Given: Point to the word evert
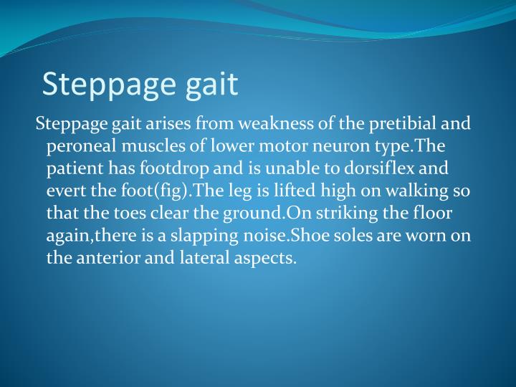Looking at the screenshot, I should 64,191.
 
